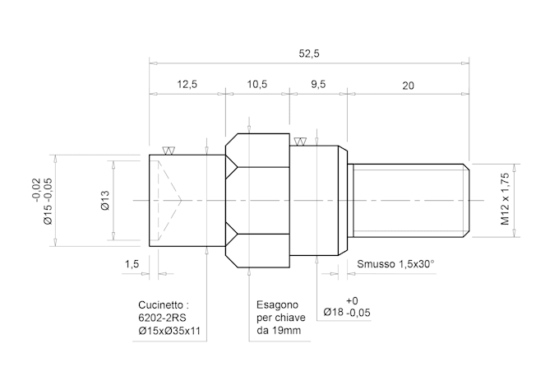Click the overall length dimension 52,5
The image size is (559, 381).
coord(309,53)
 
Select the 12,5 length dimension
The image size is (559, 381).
coord(187,85)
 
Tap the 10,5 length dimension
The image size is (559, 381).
coord(257,85)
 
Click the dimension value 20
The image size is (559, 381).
coord(409,85)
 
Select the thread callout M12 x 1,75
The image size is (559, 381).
coord(506,200)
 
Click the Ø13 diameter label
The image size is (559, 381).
coord(105,200)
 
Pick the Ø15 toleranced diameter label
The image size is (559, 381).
coord(41,200)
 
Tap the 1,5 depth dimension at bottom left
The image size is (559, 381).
coord(132,264)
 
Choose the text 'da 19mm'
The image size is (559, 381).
coord(278,331)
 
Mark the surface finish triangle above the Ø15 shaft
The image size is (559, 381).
coord(169,151)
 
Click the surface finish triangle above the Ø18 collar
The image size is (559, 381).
coord(300,142)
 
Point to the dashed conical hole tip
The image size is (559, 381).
coord(179,201)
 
